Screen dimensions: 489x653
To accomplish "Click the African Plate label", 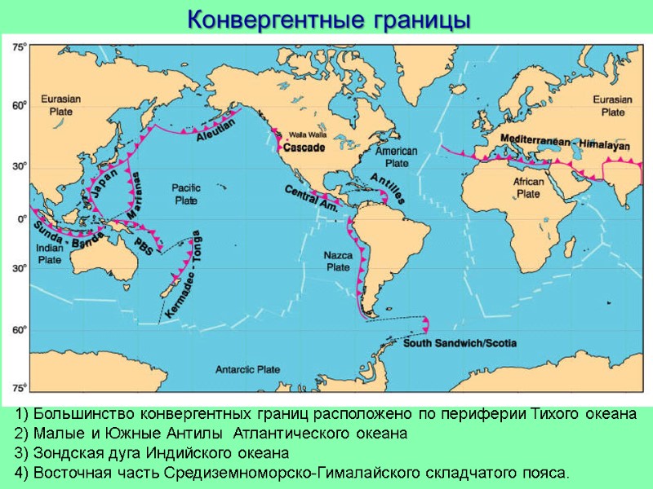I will point(529,188).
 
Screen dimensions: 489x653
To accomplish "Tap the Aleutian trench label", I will point(215,130).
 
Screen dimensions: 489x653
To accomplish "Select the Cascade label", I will point(304,148).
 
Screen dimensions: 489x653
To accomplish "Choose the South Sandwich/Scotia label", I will point(459,343).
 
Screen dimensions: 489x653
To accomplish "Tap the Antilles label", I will point(386,188).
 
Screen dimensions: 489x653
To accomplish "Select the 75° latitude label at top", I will point(18,48).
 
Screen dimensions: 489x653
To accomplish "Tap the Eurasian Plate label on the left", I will point(61,105).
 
